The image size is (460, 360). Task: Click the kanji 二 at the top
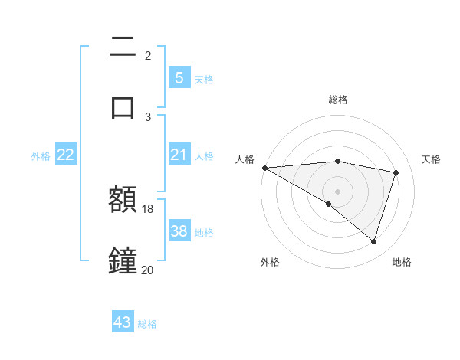(x=123, y=47)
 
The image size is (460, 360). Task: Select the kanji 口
(x=123, y=106)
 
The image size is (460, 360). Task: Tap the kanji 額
(x=123, y=199)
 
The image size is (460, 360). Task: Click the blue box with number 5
(x=179, y=78)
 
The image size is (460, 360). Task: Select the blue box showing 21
(x=179, y=155)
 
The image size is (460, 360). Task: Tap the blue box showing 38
(x=179, y=231)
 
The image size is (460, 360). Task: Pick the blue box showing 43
(x=123, y=322)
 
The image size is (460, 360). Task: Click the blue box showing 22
(x=66, y=155)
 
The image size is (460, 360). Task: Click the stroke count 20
(x=148, y=270)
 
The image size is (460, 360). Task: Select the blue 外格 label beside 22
(x=41, y=156)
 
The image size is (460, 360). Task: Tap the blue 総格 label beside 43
(x=147, y=324)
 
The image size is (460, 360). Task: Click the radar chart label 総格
(x=338, y=100)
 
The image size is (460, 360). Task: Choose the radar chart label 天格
(x=432, y=159)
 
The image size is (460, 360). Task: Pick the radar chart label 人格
(x=245, y=159)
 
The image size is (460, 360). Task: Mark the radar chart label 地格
(x=402, y=262)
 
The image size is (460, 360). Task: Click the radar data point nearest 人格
(x=264, y=168)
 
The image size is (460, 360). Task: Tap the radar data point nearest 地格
(x=374, y=242)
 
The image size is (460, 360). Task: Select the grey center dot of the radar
(x=338, y=191)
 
